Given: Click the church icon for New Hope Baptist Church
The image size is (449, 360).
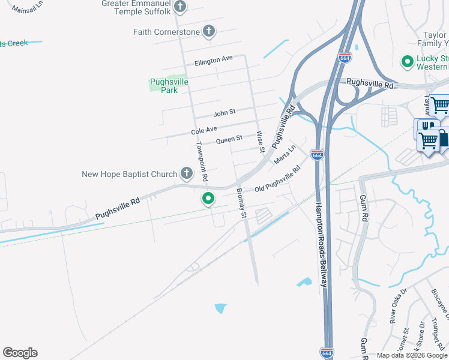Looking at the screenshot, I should [187, 174].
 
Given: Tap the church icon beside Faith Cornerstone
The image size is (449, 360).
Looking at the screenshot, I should [209, 31].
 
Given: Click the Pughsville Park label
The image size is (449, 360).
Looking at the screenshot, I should [169, 86].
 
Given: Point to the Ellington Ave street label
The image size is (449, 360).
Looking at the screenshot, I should [213, 60].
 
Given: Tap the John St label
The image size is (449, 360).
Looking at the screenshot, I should [224, 112].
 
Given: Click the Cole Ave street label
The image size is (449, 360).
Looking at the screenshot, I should [203, 130].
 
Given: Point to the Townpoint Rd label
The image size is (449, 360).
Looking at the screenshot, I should [202, 162].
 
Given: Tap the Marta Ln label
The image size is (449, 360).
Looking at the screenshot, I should [285, 155].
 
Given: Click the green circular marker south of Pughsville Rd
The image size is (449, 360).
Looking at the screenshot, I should [208, 198].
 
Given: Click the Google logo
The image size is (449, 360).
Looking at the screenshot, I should [20, 353].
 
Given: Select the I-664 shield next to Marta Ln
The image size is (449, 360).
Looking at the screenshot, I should [318, 155].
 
